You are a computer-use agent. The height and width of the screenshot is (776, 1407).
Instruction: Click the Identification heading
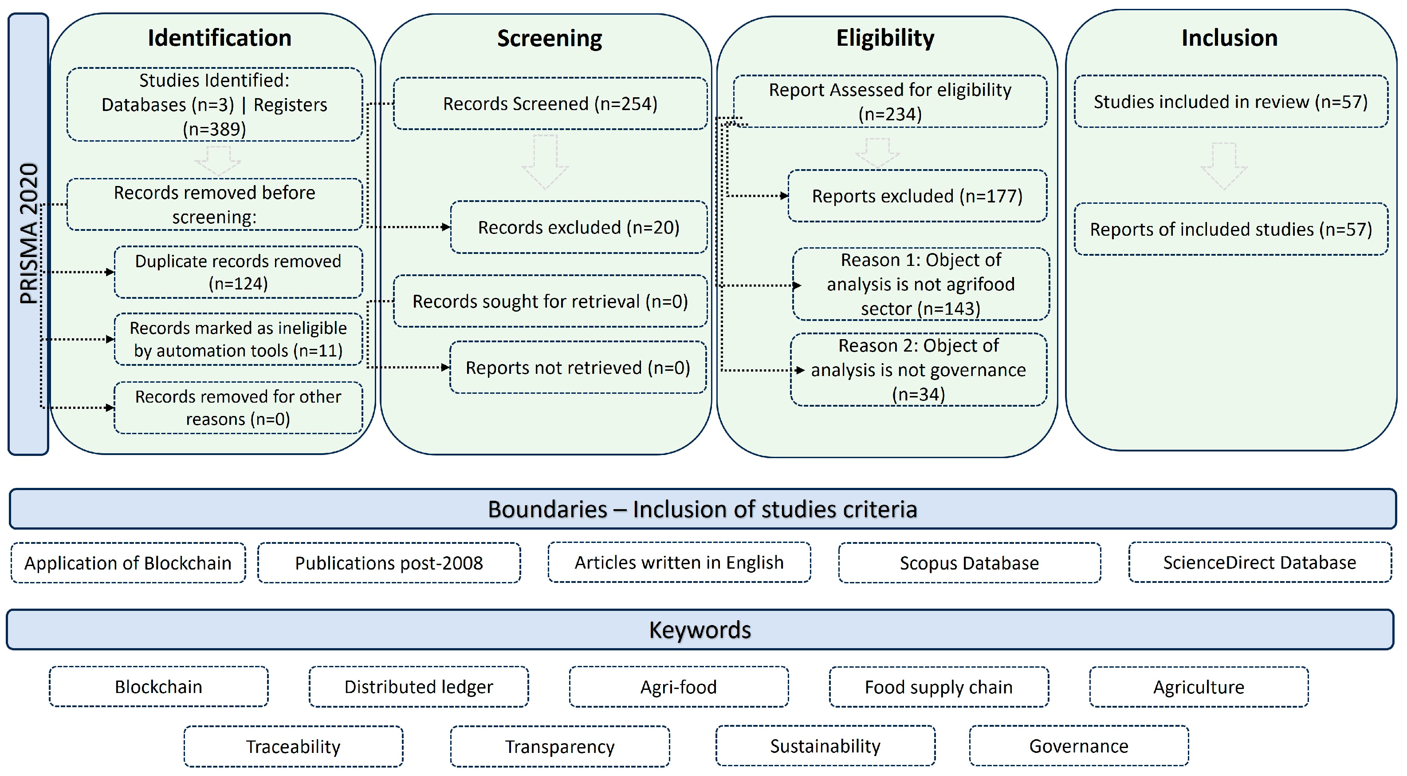click(219, 38)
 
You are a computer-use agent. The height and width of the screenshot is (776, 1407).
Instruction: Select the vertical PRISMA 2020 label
click(28, 234)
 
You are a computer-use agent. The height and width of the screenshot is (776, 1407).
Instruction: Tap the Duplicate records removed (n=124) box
click(238, 272)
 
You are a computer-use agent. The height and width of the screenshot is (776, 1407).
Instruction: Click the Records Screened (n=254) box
click(550, 104)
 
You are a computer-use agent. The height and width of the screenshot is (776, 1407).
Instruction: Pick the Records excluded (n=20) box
click(578, 227)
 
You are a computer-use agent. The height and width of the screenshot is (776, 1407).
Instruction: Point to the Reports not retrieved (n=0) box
click(578, 368)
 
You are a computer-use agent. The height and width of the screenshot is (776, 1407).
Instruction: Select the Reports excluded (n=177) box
click(916, 196)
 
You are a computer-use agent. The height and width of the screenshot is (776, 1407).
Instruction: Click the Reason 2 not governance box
click(918, 370)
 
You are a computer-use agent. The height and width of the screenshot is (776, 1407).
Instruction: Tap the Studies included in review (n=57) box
click(1230, 102)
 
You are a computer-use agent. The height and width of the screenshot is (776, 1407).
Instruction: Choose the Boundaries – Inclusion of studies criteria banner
click(703, 509)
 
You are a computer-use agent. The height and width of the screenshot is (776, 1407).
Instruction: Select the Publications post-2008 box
click(389, 563)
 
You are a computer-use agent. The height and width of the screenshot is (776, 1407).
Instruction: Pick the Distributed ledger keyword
click(418, 687)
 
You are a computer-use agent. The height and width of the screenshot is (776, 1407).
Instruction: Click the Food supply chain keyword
click(938, 687)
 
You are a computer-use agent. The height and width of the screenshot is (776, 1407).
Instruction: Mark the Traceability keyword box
click(293, 747)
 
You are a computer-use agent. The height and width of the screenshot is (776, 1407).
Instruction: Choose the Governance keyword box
click(1078, 746)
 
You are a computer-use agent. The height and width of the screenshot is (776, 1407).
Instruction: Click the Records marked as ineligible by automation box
click(238, 339)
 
